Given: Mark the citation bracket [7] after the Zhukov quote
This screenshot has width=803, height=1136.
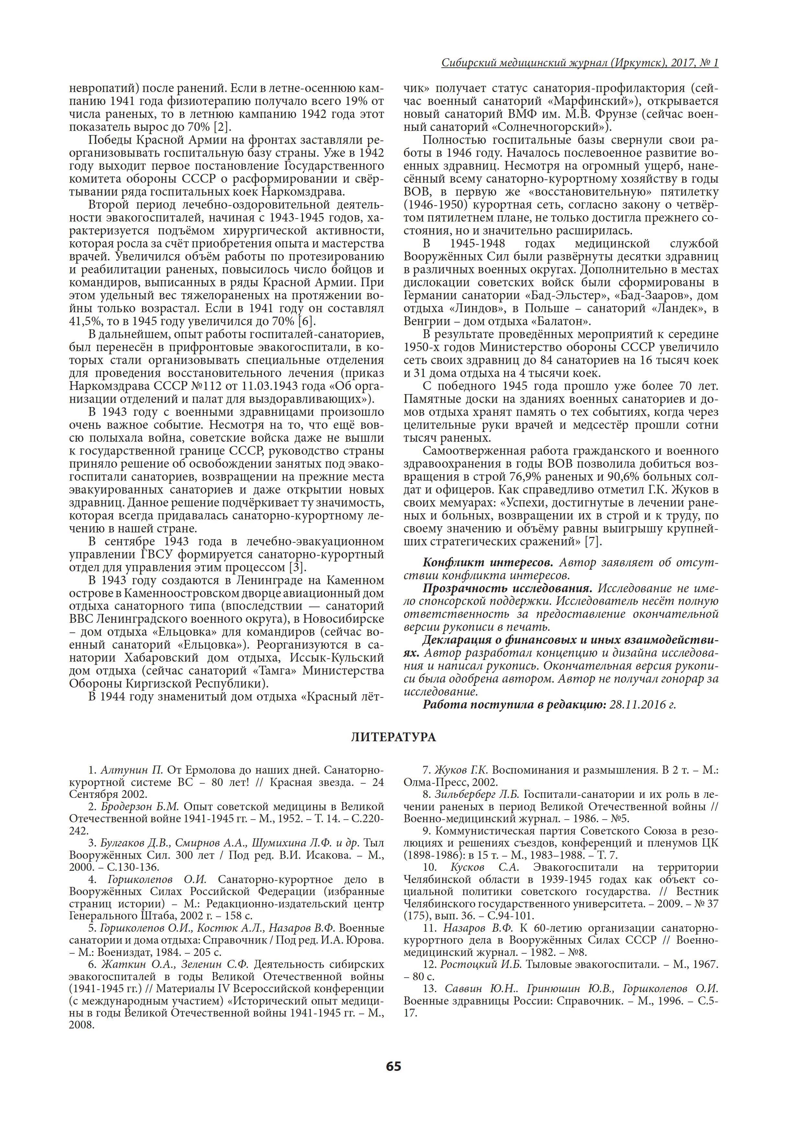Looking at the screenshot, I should tap(592, 541).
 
